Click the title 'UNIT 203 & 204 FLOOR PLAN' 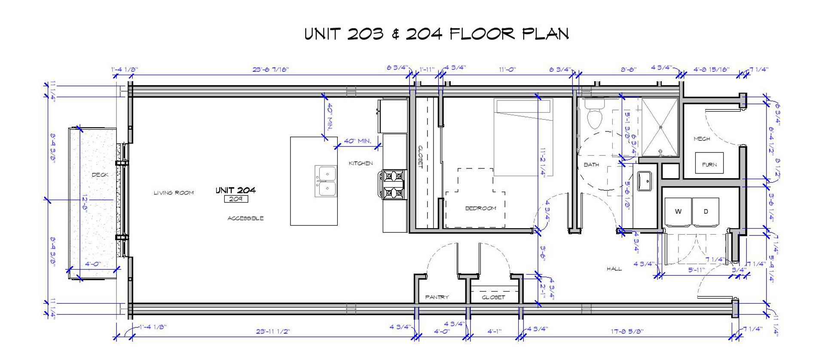(x=437, y=34)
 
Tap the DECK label (x=100, y=175)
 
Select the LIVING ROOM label (x=174, y=193)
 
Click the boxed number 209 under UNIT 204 (x=236, y=199)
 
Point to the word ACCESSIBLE (x=245, y=218)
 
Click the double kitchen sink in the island (x=326, y=181)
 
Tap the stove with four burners (x=394, y=184)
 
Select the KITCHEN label (x=361, y=163)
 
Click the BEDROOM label (x=480, y=208)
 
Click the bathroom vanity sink (x=645, y=181)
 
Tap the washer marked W (x=678, y=211)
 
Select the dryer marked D (x=706, y=211)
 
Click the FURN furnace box (x=709, y=164)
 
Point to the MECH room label (x=701, y=139)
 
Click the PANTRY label (x=437, y=297)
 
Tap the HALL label (x=614, y=269)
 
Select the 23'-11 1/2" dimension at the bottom (x=273, y=332)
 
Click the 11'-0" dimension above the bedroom (x=507, y=69)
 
